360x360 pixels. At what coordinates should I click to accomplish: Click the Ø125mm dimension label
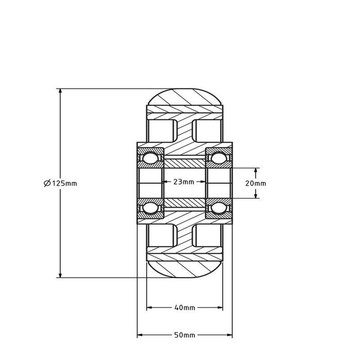point(60,183)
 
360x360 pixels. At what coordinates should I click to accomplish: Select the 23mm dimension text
point(184,182)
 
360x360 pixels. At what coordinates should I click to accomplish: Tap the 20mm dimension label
point(256,183)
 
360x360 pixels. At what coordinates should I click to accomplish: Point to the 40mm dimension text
point(185,308)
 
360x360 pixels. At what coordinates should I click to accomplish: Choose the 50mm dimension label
point(185,335)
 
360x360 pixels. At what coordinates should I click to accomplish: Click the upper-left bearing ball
point(151,158)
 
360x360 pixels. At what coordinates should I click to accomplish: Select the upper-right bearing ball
point(219,158)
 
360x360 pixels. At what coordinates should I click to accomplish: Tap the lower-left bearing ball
point(151,207)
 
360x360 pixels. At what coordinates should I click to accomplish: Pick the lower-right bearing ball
point(219,207)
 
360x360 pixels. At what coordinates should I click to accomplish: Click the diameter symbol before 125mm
point(47,183)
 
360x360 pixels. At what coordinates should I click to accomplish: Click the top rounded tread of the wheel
point(185,97)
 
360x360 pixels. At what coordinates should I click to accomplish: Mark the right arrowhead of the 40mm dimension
point(220,308)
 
